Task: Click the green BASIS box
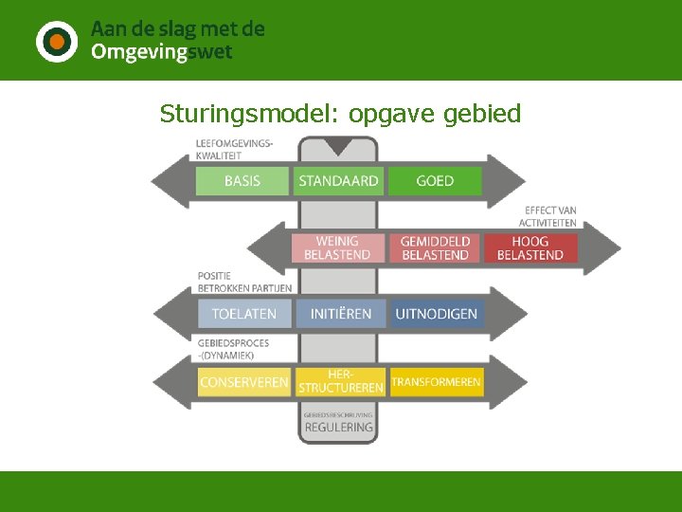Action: (242, 181)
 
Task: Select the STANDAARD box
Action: (338, 181)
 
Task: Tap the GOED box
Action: (435, 181)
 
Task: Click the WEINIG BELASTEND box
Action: (338, 247)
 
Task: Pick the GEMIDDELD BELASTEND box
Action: (435, 247)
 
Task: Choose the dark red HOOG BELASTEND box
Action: (530, 247)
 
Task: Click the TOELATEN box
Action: (244, 314)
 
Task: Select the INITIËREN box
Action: (341, 314)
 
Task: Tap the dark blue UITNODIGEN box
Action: (437, 314)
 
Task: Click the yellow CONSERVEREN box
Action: (244, 382)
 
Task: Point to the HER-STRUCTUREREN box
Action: (341, 382)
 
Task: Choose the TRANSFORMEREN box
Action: (437, 382)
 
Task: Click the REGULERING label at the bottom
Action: (338, 428)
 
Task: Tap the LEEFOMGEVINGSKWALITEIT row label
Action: (233, 150)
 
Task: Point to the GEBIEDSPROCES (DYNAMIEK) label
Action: (233, 349)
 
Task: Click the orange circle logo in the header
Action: (57, 41)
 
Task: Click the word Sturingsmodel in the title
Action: (226, 115)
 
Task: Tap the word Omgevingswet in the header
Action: (161, 53)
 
